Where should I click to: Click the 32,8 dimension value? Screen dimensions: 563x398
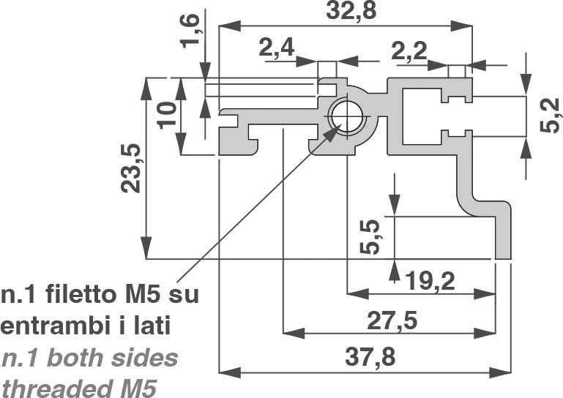point(351,11)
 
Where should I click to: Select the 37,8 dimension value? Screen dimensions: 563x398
point(370,358)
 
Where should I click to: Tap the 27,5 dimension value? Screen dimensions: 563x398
point(392,320)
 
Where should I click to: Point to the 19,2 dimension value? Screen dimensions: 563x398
point(430,281)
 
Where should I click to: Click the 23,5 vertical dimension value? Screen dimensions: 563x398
point(130,168)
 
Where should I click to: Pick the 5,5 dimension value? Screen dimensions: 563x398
point(370,237)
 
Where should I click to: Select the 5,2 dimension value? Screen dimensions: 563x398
point(550,116)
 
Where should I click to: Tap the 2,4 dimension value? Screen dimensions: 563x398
point(277,48)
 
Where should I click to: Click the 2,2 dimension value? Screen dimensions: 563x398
point(409,51)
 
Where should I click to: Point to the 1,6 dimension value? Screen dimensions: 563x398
point(190,31)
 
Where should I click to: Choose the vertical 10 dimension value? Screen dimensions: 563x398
point(167,115)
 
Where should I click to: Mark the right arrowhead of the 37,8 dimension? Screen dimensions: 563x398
point(500,372)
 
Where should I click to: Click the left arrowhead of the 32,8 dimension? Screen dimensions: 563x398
point(230,26)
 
